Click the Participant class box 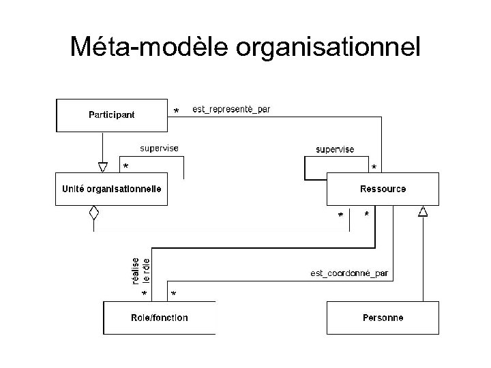coord(111,114)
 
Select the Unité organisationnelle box coord(111,189)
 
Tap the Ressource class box coord(383,189)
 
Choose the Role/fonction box coord(159,318)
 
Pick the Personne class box coord(383,318)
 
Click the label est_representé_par coord(231,109)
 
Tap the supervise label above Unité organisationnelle coord(160,147)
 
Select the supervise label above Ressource coord(334,149)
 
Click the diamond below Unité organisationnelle coord(94,212)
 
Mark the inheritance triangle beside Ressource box coord(423,212)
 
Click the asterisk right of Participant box coord(177,111)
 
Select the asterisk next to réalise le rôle coord(144,293)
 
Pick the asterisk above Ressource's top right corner coord(373,167)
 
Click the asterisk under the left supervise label coord(125,166)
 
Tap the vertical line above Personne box coord(423,259)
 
